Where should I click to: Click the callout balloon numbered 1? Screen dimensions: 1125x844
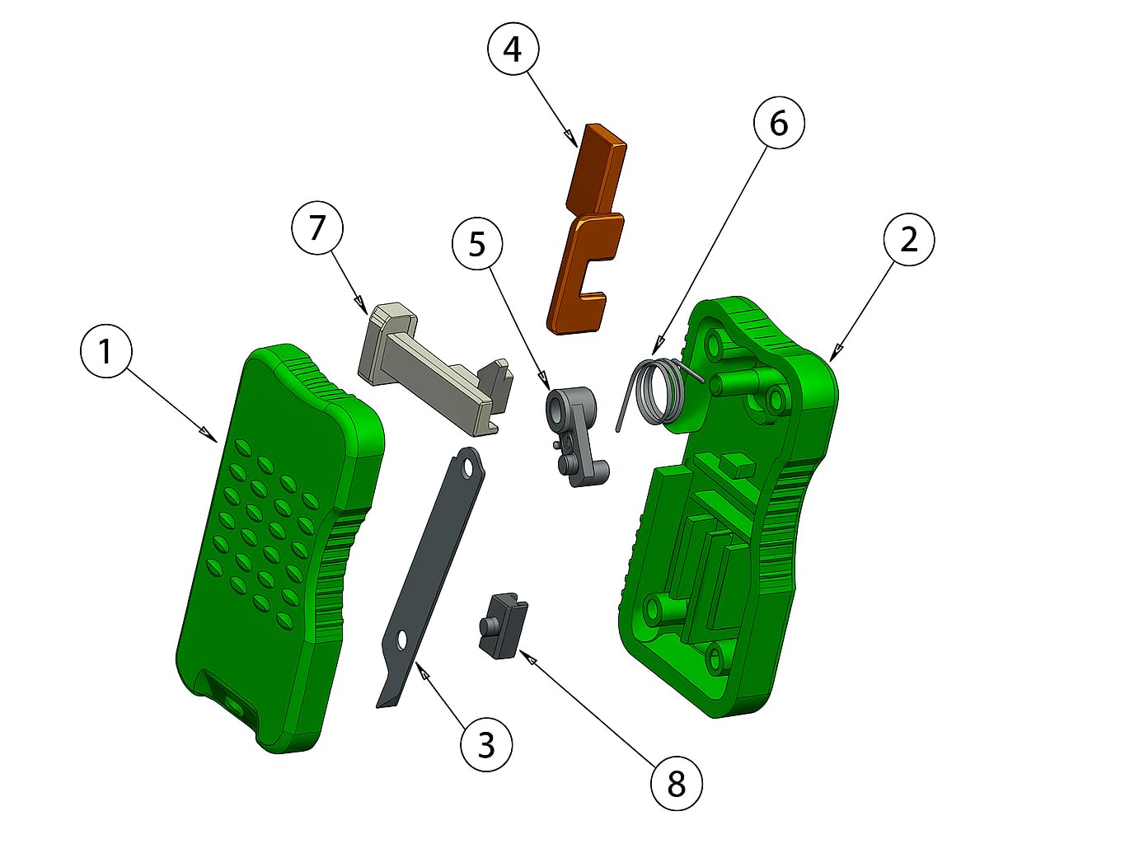106,352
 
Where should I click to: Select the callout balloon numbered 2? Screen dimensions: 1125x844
909,239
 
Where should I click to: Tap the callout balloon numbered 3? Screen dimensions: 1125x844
486,746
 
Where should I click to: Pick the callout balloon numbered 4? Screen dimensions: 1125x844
513,49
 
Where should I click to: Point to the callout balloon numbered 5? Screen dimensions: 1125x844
477,244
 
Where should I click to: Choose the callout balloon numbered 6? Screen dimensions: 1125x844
779,123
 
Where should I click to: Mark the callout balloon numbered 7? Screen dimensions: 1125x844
317,228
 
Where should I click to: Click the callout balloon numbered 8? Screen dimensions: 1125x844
677,784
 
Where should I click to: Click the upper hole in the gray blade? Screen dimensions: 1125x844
467,468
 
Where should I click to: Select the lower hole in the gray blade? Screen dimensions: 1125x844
401,641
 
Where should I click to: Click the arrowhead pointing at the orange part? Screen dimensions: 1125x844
570,135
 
